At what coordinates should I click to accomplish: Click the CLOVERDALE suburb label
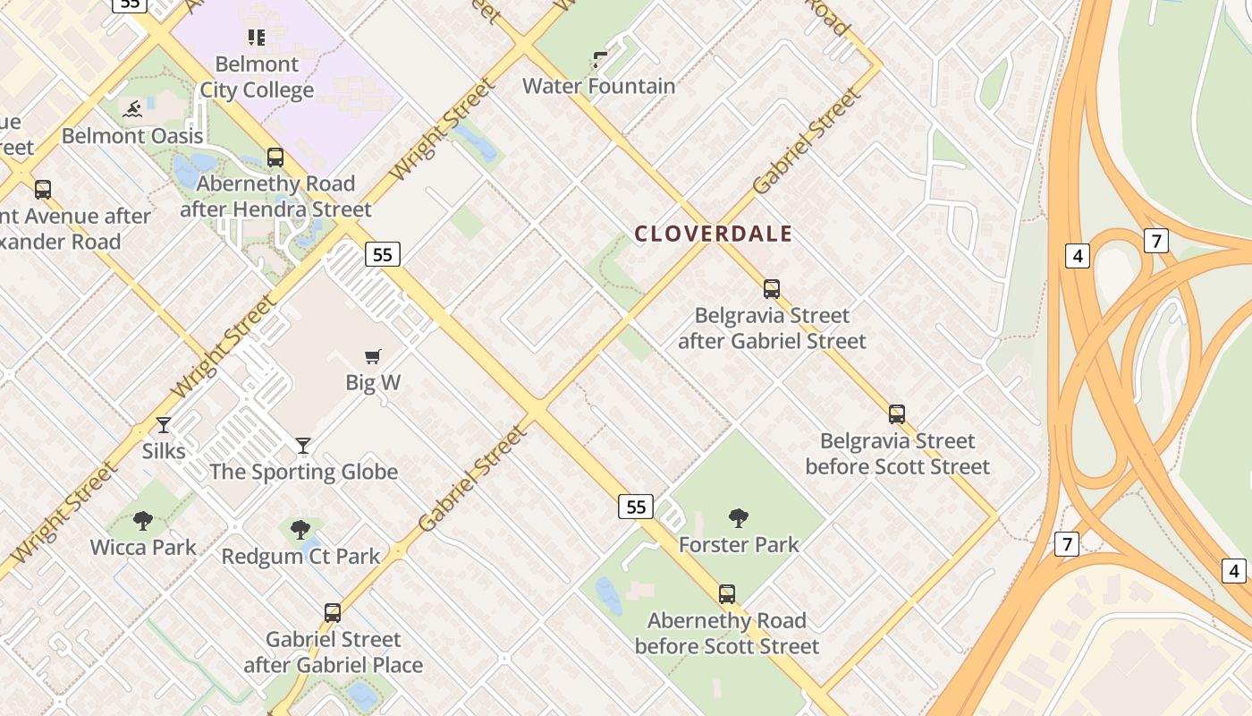[713, 234]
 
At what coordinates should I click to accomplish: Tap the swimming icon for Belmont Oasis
[132, 110]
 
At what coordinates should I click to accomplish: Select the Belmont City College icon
[257, 38]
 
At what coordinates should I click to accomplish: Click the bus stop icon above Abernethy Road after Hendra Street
[275, 158]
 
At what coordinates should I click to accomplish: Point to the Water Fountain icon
[600, 60]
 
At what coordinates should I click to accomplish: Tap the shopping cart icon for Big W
[373, 356]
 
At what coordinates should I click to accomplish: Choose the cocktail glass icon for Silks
[164, 424]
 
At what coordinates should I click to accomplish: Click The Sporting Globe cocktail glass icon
[303, 446]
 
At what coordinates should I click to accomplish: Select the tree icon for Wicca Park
[143, 521]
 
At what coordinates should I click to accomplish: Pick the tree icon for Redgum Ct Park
[300, 530]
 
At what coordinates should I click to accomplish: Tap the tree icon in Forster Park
[739, 518]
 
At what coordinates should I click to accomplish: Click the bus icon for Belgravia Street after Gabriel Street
[772, 289]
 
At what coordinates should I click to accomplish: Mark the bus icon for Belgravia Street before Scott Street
[897, 414]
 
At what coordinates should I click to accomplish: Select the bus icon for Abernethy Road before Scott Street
[727, 594]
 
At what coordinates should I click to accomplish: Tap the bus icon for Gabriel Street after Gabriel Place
[333, 613]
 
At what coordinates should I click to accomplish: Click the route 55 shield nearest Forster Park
[636, 507]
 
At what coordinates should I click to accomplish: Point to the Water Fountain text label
[598, 87]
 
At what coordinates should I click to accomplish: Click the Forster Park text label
[739, 545]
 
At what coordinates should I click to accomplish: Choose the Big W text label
[373, 383]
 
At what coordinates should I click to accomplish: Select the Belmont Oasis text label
[132, 136]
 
